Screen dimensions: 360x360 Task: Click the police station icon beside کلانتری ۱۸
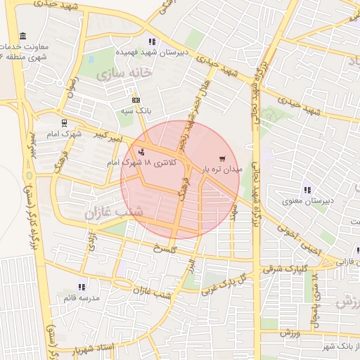pyautogui.click(x=143, y=152)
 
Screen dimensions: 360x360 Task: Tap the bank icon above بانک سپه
pyautogui.click(x=136, y=101)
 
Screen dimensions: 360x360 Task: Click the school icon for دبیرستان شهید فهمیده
pyautogui.click(x=153, y=42)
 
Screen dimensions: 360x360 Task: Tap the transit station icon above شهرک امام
pyautogui.click(x=64, y=122)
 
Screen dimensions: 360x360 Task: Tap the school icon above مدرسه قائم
pyautogui.click(x=82, y=287)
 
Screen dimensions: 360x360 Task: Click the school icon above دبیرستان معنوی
pyautogui.click(x=307, y=190)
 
